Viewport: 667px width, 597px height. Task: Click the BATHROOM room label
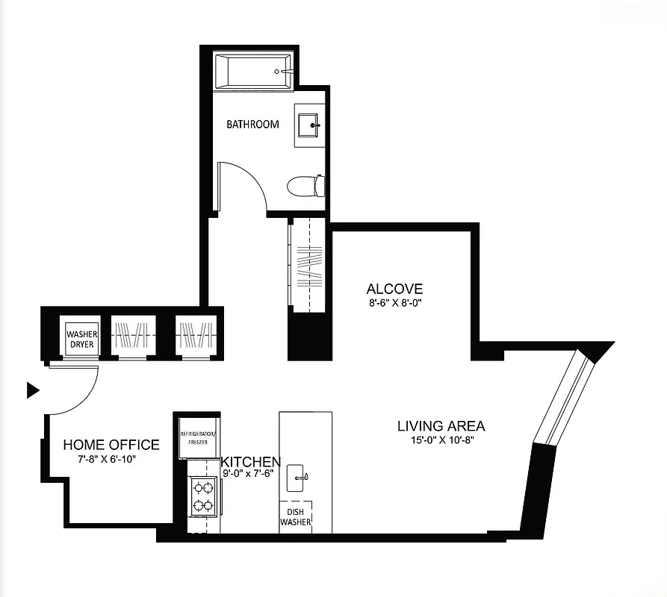coord(252,124)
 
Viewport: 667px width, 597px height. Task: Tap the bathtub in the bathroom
coord(253,72)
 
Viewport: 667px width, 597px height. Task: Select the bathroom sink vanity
coord(309,126)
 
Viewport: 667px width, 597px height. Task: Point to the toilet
coord(307,185)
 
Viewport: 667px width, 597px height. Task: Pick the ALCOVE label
coord(394,289)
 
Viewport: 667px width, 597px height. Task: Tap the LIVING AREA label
coord(441,426)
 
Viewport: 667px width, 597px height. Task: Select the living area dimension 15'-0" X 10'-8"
coord(441,440)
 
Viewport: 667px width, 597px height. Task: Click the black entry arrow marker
coord(32,390)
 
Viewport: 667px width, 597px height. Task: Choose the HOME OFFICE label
coord(111,445)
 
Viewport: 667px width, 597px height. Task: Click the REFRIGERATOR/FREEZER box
coord(198,438)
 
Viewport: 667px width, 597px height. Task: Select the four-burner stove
coord(202,496)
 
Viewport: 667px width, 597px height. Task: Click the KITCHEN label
coord(250,462)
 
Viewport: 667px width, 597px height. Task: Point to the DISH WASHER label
coord(295,517)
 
